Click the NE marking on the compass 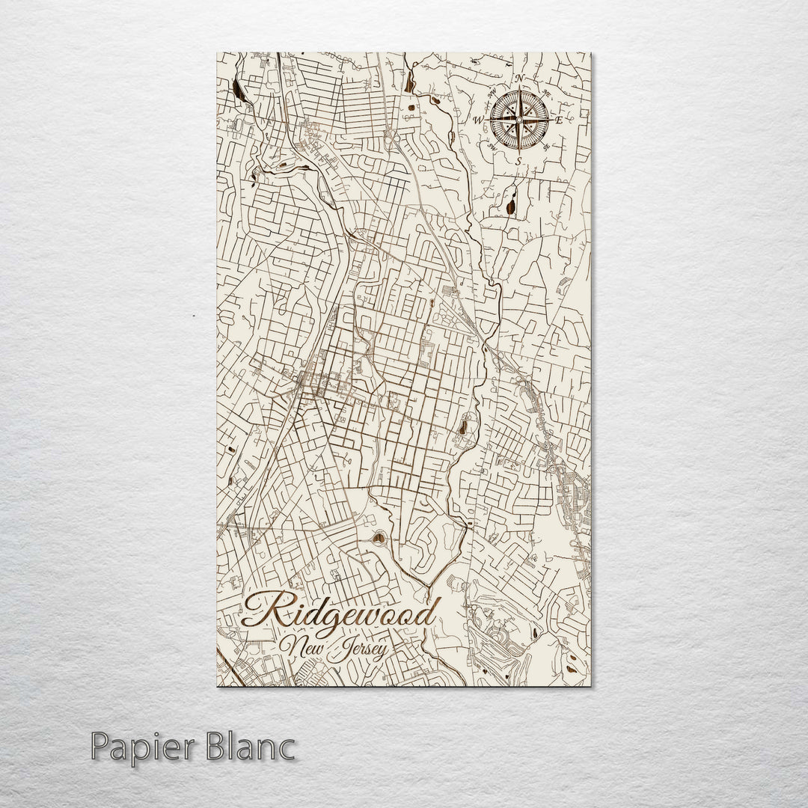click(x=546, y=94)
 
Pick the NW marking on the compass click(x=492, y=94)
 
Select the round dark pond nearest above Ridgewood click(x=379, y=536)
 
